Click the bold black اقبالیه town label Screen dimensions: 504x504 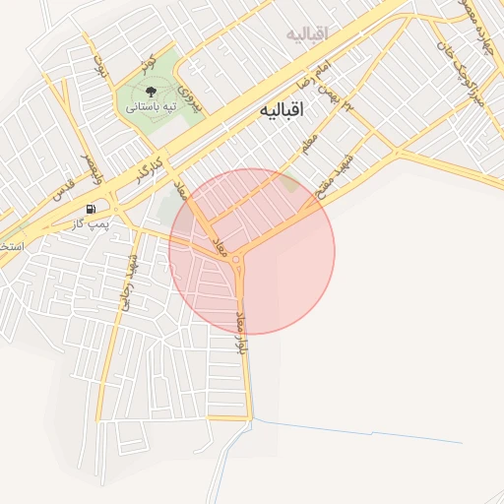(x=282, y=110)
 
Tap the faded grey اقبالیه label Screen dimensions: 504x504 (x=306, y=34)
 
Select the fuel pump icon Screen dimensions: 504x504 (x=92, y=209)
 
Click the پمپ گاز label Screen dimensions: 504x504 (x=91, y=224)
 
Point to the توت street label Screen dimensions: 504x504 (x=98, y=67)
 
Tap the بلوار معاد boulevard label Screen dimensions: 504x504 (x=240, y=333)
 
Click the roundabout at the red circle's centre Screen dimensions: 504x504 (x=237, y=260)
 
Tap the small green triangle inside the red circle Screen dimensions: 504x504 (x=287, y=182)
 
